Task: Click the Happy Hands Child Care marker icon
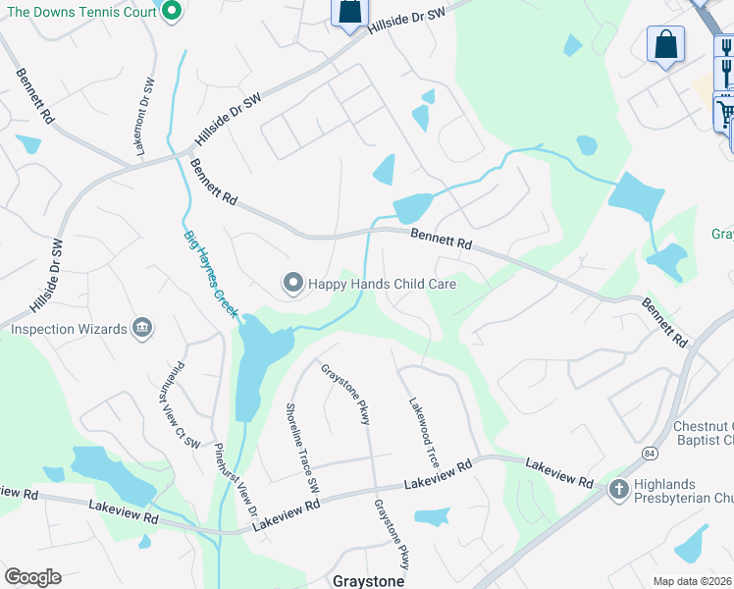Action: (292, 284)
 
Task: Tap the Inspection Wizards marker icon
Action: (142, 328)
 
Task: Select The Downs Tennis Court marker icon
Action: (172, 12)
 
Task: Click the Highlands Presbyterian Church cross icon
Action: (618, 489)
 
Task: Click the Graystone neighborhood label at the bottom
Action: (368, 580)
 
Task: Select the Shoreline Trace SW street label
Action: (302, 447)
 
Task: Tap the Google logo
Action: (32, 577)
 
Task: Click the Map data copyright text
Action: (693, 581)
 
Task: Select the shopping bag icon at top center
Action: (348, 13)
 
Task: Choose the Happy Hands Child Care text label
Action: (383, 284)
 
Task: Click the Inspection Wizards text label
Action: (69, 329)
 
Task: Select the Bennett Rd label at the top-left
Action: (33, 94)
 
